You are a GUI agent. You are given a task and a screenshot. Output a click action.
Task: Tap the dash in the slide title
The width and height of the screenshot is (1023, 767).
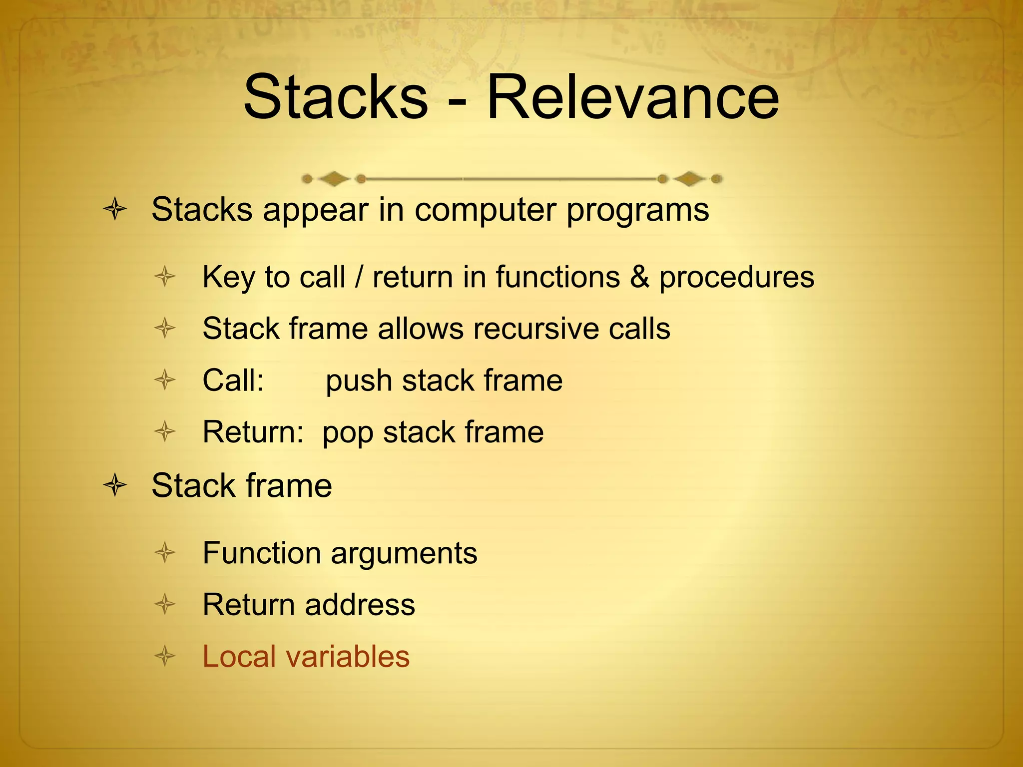pyautogui.click(x=458, y=100)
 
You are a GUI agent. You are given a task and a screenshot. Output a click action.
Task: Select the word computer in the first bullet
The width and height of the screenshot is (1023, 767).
pyautogui.click(x=484, y=210)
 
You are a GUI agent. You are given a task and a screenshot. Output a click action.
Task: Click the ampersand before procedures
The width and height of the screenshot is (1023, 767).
pyautogui.click(x=639, y=277)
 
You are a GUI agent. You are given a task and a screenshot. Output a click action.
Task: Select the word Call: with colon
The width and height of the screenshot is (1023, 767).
pyautogui.click(x=233, y=381)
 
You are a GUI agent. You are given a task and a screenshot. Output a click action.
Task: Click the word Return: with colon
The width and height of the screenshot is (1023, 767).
pyautogui.click(x=253, y=432)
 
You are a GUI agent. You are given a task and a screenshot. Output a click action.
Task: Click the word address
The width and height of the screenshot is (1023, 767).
pyautogui.click(x=360, y=605)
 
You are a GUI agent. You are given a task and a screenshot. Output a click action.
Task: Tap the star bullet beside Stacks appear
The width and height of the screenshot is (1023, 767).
pyautogui.click(x=115, y=209)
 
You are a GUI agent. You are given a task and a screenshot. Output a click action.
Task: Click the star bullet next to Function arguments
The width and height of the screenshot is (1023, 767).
pyautogui.click(x=165, y=553)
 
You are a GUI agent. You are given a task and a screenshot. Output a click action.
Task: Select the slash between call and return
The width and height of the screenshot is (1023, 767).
pyautogui.click(x=358, y=277)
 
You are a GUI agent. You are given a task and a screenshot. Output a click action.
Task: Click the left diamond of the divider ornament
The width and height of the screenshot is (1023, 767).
pyautogui.click(x=333, y=178)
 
